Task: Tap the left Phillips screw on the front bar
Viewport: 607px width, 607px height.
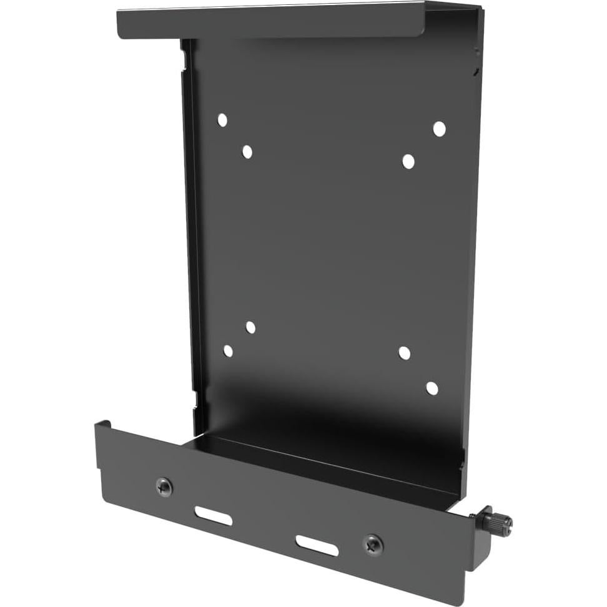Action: [x=164, y=487]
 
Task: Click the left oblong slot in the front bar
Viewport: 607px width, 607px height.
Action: [x=213, y=516]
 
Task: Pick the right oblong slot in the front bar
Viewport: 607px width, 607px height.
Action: [x=317, y=545]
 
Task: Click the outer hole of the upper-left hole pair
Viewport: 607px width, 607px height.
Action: [x=222, y=120]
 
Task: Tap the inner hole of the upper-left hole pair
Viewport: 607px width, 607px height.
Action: [x=247, y=151]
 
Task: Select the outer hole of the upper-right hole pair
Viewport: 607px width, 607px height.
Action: [x=439, y=129]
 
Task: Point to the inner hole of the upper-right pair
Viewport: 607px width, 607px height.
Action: [x=408, y=161]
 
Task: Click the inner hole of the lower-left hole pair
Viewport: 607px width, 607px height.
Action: [x=250, y=327]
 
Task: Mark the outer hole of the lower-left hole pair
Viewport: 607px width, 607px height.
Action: [x=228, y=351]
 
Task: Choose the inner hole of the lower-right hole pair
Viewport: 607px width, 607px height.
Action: [x=404, y=353]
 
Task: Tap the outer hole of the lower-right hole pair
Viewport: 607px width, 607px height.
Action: [x=432, y=388]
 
